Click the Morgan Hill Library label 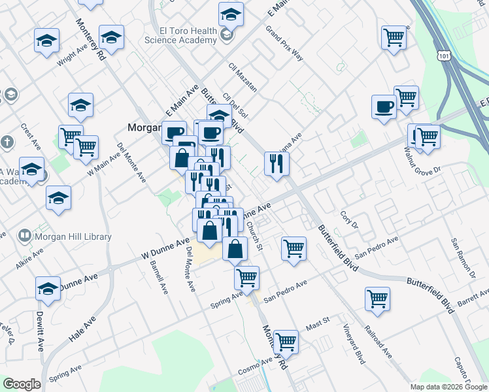(73, 237)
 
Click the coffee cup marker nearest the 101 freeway (384, 106)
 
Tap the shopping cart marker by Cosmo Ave (286, 341)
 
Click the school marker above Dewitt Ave (48, 288)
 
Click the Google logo (22, 384)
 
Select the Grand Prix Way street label (284, 43)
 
